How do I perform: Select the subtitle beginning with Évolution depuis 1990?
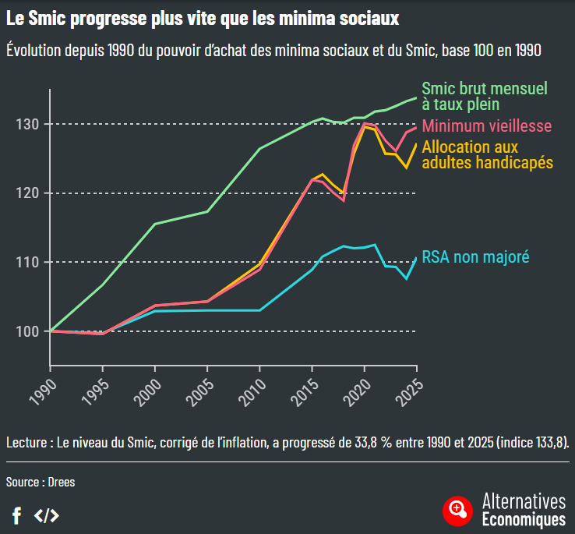click(273, 50)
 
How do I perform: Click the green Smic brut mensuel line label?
click(485, 96)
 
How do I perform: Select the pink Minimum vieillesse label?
click(487, 126)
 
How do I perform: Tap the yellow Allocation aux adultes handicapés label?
click(487, 154)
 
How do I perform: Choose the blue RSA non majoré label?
click(475, 256)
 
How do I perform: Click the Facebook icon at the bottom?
click(16, 515)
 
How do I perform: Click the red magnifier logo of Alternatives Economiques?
click(457, 510)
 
